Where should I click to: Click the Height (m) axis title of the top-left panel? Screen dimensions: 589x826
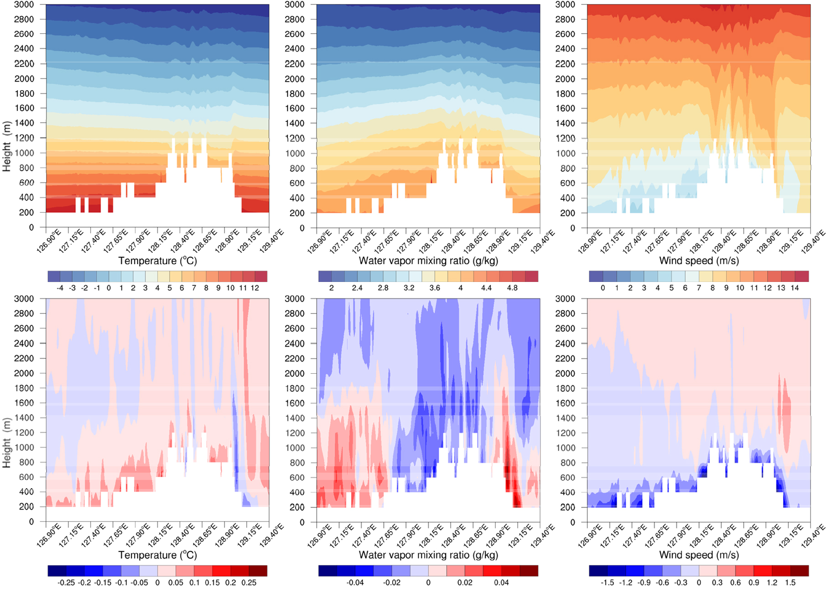pyautogui.click(x=6, y=146)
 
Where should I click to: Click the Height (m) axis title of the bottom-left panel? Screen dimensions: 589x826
pyautogui.click(x=6, y=443)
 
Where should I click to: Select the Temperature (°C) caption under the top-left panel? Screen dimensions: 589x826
pyautogui.click(x=157, y=261)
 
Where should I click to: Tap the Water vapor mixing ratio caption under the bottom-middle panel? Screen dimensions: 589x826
pyautogui.click(x=428, y=555)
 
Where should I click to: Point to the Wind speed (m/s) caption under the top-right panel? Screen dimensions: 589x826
pyautogui.click(x=699, y=261)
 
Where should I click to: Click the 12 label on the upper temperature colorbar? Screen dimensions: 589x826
pyautogui.click(x=255, y=288)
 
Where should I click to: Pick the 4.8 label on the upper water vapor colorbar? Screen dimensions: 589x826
pyautogui.click(x=512, y=288)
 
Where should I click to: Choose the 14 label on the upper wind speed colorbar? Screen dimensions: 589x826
pyautogui.click(x=795, y=288)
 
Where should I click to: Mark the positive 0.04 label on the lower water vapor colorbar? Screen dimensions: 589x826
pyautogui.click(x=501, y=583)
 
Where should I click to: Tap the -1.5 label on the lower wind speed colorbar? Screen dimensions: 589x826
pyautogui.click(x=608, y=583)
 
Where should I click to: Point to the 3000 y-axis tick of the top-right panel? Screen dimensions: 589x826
pyautogui.click(x=565, y=5)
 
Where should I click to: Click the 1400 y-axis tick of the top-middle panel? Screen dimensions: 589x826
pyautogui.click(x=294, y=123)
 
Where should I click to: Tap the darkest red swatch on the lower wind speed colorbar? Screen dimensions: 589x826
pyautogui.click(x=800, y=571)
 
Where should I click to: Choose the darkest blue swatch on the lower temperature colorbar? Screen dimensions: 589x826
pyautogui.click(x=57, y=571)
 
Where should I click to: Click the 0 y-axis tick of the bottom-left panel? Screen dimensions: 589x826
pyautogui.click(x=31, y=521)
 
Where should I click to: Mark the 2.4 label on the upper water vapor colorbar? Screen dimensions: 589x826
pyautogui.click(x=357, y=288)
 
